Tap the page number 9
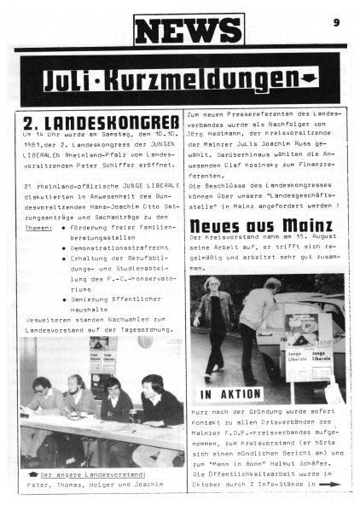[337, 22]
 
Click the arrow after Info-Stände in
[328, 484]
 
